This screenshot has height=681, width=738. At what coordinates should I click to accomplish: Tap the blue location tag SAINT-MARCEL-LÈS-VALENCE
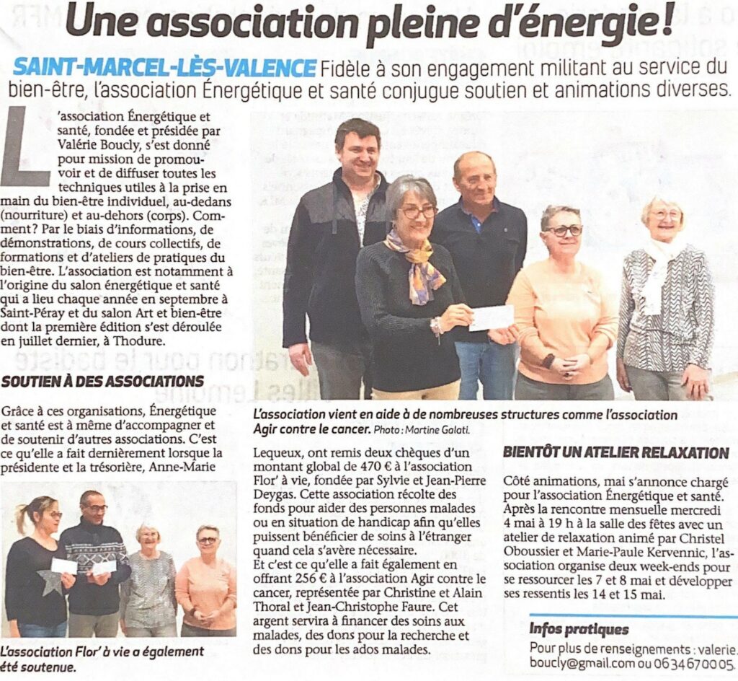click(164, 68)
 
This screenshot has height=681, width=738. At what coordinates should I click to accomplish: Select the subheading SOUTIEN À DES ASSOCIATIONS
click(102, 380)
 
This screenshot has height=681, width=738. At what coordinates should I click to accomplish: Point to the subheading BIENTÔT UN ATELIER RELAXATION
click(616, 453)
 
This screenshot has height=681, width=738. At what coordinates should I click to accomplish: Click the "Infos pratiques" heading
click(579, 630)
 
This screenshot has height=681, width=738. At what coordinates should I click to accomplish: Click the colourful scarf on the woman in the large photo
click(415, 265)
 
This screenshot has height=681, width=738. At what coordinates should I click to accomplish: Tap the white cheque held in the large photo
click(492, 317)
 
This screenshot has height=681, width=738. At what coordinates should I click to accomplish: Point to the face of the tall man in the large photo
click(358, 151)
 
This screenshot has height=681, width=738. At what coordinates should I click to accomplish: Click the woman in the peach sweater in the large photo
click(561, 303)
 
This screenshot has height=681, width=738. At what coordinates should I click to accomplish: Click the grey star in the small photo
click(50, 581)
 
